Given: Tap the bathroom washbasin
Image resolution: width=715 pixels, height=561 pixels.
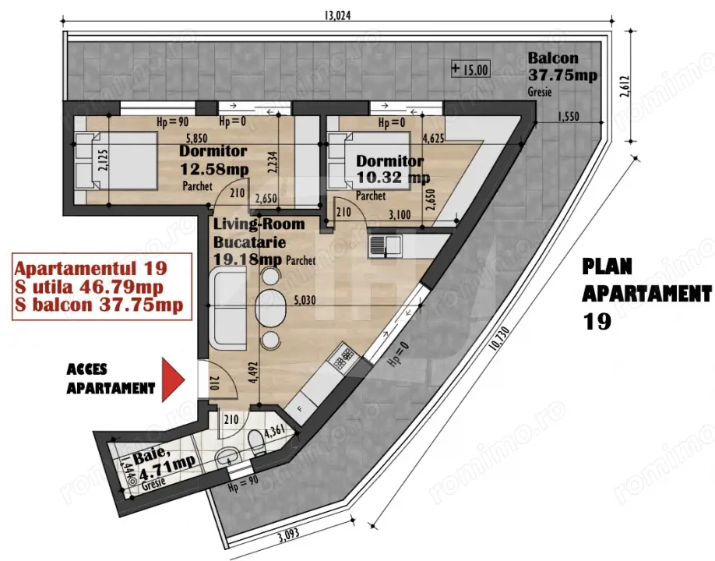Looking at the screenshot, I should click(x=226, y=457).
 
